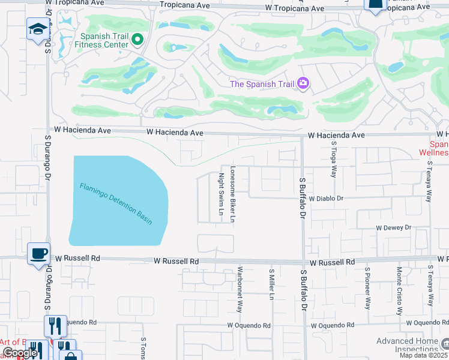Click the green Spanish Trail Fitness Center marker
pos(137,40)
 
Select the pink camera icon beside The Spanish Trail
pos(303,83)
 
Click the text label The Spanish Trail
pos(262,84)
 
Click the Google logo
pos(19,353)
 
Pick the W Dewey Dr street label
pos(393,228)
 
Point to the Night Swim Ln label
pos(220,194)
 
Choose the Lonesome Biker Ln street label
pos(232,194)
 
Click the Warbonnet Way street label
pos(240,289)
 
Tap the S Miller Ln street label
pos(271,284)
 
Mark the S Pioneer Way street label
pos(368,287)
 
